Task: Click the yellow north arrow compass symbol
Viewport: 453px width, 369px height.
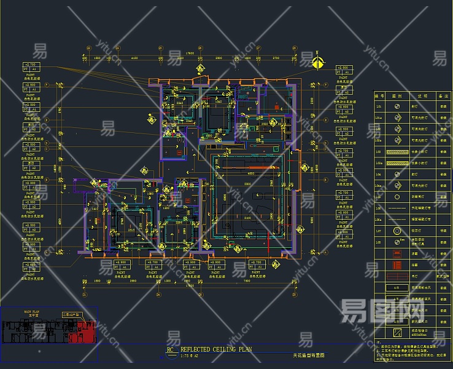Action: coord(317,61)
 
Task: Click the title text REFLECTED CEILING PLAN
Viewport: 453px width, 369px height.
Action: coord(216,349)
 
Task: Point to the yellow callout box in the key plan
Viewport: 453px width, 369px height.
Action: coord(72,315)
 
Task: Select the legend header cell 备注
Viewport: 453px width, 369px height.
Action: coord(440,96)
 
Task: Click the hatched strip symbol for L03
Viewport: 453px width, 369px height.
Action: coord(400,151)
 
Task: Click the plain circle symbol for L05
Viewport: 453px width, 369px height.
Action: coord(400,196)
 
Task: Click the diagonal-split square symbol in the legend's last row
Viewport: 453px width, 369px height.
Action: coord(400,333)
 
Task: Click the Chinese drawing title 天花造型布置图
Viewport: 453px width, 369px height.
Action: coord(308,355)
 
